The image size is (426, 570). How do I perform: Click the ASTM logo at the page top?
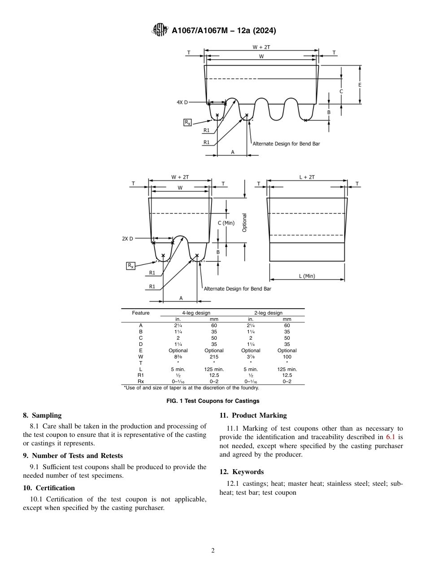(160, 30)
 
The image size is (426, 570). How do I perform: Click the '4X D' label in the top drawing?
(182, 102)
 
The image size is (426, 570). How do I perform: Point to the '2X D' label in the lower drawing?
(127, 239)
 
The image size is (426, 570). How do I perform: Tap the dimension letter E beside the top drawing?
(360, 85)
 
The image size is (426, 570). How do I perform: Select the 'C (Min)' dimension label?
(226, 223)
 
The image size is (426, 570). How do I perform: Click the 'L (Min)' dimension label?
(307, 276)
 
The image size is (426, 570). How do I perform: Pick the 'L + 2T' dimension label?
(307, 177)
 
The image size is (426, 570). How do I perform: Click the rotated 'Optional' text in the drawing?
(245, 222)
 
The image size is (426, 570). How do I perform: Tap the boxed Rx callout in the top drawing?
(187, 122)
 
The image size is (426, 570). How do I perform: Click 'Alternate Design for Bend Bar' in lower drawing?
(237, 289)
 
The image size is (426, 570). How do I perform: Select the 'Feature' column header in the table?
(141, 313)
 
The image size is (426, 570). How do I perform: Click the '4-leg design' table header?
(196, 313)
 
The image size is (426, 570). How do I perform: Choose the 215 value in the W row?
(214, 357)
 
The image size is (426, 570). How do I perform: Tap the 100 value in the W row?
(287, 357)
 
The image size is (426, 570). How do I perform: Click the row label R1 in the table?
(141, 375)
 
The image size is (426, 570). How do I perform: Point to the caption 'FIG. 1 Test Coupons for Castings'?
(213, 401)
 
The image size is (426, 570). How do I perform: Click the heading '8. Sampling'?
(42, 415)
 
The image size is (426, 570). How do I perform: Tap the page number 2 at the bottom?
(213, 551)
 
